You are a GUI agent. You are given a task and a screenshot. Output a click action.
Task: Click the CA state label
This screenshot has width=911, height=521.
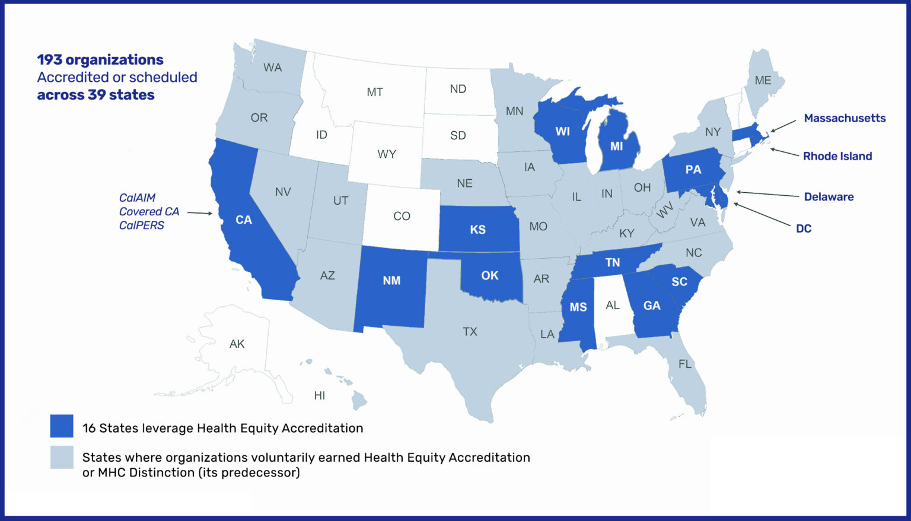tap(244, 220)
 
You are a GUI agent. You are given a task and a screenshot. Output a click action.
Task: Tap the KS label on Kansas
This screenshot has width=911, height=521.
tap(477, 230)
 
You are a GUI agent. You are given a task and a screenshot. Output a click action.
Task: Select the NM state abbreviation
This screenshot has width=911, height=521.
tap(391, 281)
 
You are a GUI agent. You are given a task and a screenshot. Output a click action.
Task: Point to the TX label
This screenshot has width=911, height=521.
tap(470, 332)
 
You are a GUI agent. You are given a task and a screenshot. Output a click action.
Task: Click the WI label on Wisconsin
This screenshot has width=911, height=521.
tap(562, 132)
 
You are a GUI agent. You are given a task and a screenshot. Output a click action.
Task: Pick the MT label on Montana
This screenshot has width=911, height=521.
tap(374, 93)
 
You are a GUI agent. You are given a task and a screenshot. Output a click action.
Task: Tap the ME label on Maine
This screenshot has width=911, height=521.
tap(763, 80)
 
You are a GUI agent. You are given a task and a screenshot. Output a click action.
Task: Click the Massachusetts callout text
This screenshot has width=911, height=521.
tap(844, 118)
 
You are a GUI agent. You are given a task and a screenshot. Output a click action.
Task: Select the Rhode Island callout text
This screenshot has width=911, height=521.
tap(837, 156)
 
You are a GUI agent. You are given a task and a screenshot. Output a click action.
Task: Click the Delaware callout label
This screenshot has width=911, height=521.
tap(829, 197)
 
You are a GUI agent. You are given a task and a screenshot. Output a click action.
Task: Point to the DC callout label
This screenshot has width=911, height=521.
tap(803, 228)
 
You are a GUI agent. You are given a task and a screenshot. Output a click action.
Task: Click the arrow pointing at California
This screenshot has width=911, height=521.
tap(200, 212)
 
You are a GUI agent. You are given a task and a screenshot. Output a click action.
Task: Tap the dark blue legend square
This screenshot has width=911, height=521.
tap(62, 426)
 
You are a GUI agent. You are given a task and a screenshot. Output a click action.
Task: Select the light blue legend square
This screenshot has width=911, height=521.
tap(62, 458)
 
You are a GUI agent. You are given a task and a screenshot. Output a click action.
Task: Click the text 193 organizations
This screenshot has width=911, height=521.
tap(100, 60)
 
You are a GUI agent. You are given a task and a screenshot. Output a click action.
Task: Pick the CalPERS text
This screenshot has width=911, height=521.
tap(141, 225)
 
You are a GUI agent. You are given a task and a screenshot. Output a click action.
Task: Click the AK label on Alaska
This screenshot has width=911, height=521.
tap(237, 344)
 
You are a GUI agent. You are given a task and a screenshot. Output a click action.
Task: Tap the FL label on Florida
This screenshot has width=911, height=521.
tap(684, 364)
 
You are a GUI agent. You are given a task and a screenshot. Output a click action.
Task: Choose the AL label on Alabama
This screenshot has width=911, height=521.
tap(612, 306)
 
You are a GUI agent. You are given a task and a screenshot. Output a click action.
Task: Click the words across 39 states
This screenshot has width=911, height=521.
tap(95, 95)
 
